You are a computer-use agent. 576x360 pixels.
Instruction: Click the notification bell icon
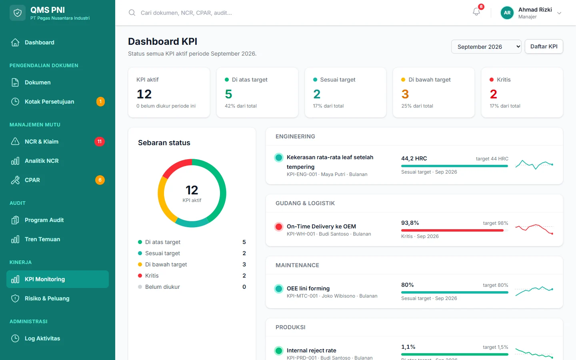point(476,12)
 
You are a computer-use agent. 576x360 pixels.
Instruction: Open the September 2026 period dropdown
point(486,46)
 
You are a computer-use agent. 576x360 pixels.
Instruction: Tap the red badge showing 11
point(100,142)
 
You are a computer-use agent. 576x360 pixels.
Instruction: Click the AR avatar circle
point(507,13)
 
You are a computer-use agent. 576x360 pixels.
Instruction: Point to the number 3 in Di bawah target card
point(405,94)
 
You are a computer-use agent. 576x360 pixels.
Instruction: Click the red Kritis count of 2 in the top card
point(494,94)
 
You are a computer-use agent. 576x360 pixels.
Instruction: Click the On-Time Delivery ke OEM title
point(321,226)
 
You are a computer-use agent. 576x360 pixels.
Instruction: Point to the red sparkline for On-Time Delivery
point(534,229)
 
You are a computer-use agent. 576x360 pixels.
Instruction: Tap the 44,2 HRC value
point(414,158)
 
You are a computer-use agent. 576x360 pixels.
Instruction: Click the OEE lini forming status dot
point(278,289)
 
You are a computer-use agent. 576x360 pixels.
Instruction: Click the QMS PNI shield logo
point(18,13)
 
